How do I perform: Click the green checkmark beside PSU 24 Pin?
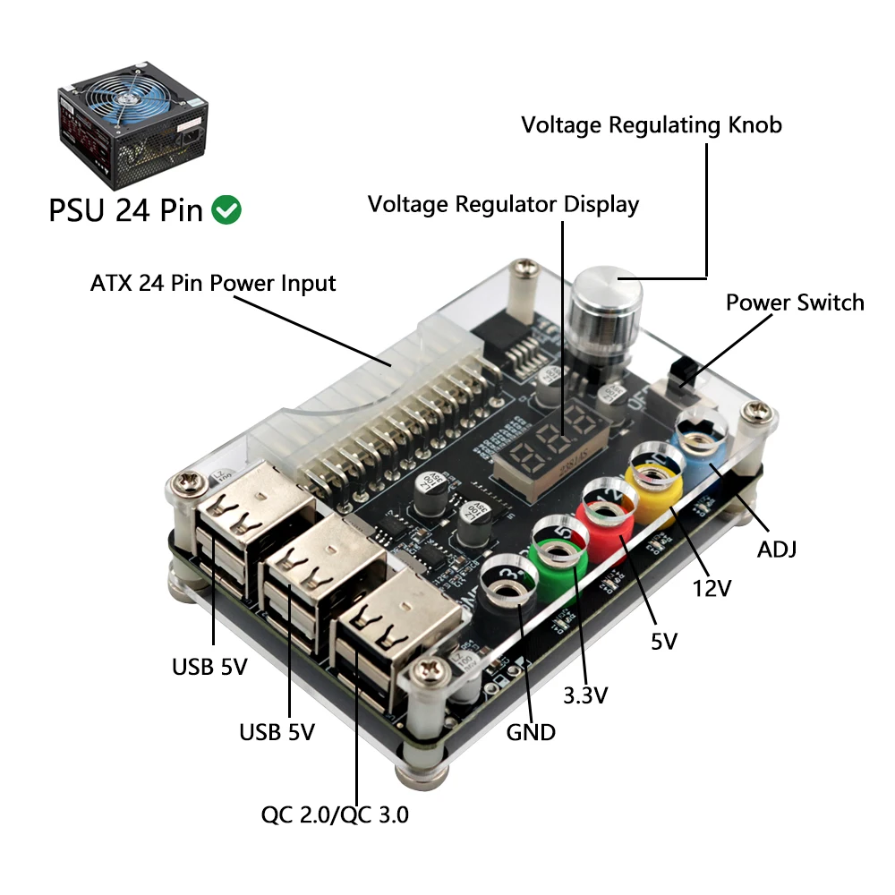point(226,210)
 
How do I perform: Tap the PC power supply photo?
point(134,116)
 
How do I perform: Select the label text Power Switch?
point(795,303)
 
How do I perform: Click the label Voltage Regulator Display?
point(504,205)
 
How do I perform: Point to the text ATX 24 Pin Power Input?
point(213,284)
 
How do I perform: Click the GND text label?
point(531,732)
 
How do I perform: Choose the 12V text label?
point(712,588)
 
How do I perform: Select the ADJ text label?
point(776,549)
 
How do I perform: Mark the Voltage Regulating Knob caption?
point(652,124)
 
